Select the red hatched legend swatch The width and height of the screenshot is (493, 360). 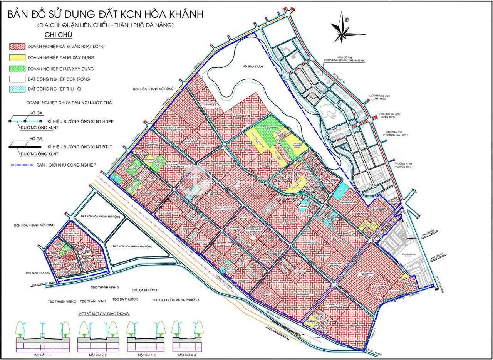coord(17,47)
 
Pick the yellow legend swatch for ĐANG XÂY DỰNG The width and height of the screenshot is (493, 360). coord(17,58)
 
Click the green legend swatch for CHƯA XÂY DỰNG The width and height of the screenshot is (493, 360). coord(17,69)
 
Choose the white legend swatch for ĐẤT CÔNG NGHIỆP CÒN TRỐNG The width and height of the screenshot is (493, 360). coord(17,79)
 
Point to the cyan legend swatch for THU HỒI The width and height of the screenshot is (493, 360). coord(17,89)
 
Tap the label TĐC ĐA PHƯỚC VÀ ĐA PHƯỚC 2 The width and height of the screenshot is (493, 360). coord(175,300)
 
